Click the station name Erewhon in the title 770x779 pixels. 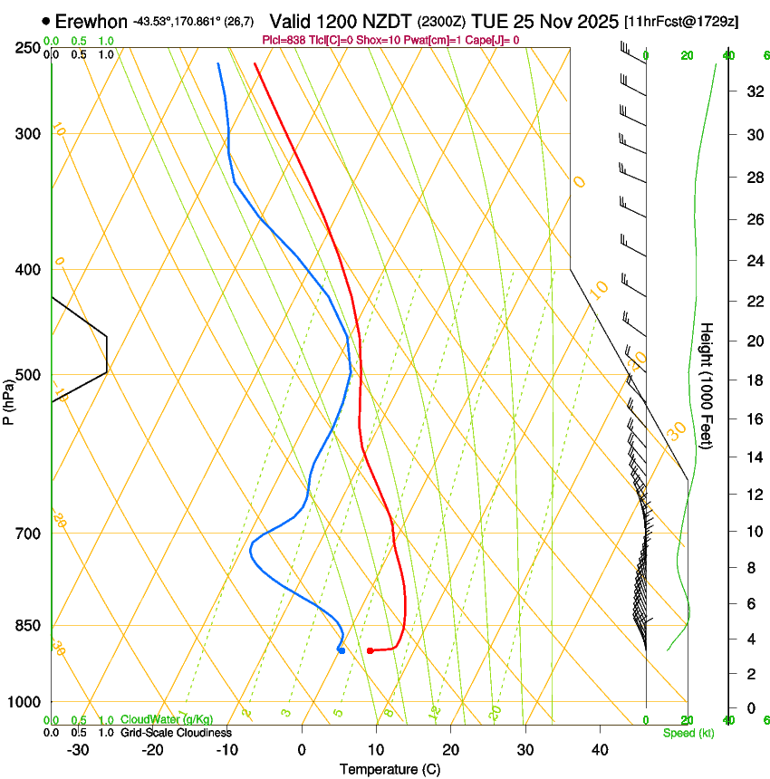(x=91, y=21)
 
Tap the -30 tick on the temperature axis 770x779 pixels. (x=78, y=749)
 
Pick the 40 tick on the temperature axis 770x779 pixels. (x=599, y=749)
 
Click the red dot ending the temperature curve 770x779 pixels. (x=371, y=650)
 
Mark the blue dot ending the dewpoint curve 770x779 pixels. (x=341, y=649)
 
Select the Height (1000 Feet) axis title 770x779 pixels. (x=707, y=385)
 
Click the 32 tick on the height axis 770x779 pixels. (x=727, y=91)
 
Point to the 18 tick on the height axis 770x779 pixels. (x=727, y=380)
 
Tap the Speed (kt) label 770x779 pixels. (x=688, y=733)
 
